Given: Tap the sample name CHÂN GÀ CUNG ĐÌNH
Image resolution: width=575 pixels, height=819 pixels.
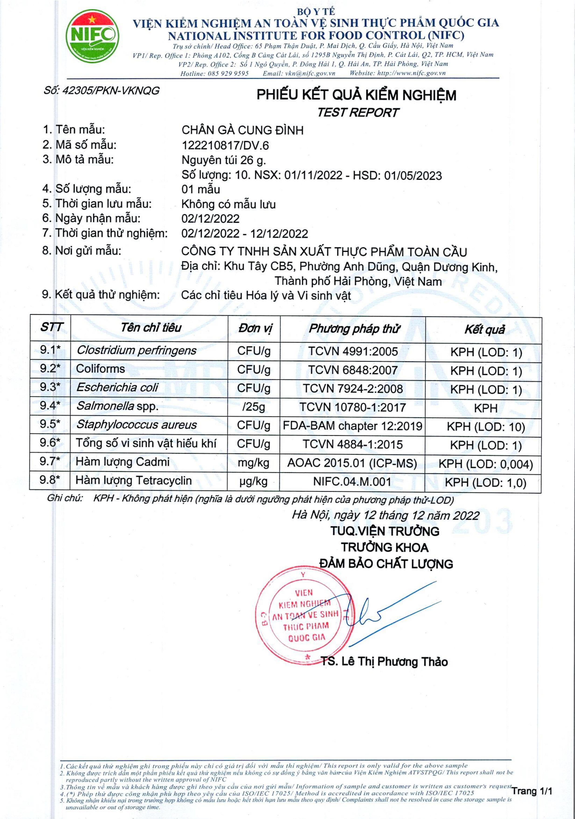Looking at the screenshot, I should click(x=243, y=130).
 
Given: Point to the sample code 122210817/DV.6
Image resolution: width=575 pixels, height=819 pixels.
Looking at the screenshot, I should click(x=225, y=145).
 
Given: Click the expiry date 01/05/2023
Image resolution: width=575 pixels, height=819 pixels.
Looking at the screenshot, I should click(x=413, y=176).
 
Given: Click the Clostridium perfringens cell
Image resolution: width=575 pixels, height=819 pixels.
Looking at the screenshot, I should click(x=136, y=350).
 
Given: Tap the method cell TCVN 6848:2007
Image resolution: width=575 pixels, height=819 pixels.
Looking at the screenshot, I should click(x=353, y=370).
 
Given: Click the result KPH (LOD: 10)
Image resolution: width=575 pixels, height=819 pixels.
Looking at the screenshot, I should click(x=485, y=427).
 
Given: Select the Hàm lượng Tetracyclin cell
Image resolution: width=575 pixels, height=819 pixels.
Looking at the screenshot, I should click(x=134, y=480).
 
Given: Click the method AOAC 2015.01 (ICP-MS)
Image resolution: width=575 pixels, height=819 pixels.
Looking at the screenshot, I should click(x=352, y=463).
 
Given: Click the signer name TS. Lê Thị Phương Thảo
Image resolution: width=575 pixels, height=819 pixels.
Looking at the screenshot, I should click(x=384, y=661).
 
